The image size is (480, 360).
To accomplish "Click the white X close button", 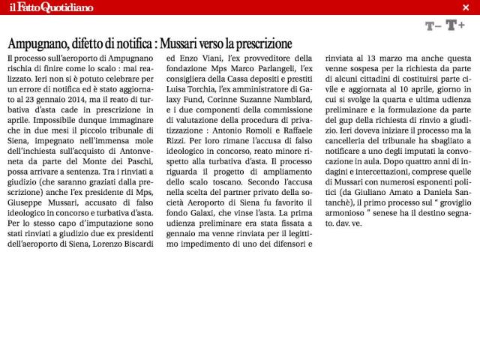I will pos(466,7).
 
